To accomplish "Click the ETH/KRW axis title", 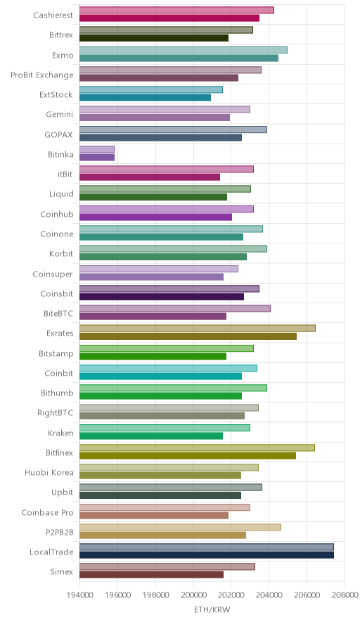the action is pos(212,610).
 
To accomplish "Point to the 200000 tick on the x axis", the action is pos(193,595).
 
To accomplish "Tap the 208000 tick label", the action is pos(345,595).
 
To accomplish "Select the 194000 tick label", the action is pos(79,595).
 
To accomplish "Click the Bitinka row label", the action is pos(60,154).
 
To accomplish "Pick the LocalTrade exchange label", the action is pos(51,552).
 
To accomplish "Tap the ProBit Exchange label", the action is pos(42,75).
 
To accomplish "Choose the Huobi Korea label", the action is pos(49,472).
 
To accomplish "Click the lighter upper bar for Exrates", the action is pos(198,328).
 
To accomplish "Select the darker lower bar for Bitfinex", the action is pos(188,456).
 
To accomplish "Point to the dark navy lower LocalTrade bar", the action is pos(207,555).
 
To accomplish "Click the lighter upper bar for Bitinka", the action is pos(97,149).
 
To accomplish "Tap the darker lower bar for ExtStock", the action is pos(145,98).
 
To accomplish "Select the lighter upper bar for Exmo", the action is pos(184,50).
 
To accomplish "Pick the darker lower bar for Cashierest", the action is pos(169,18).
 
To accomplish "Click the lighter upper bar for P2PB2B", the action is pos(181,527).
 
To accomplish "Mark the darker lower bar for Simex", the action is pos(151,575).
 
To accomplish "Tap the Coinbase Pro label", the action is pos(48,512).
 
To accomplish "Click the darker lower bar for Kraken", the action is pos(151,436).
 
